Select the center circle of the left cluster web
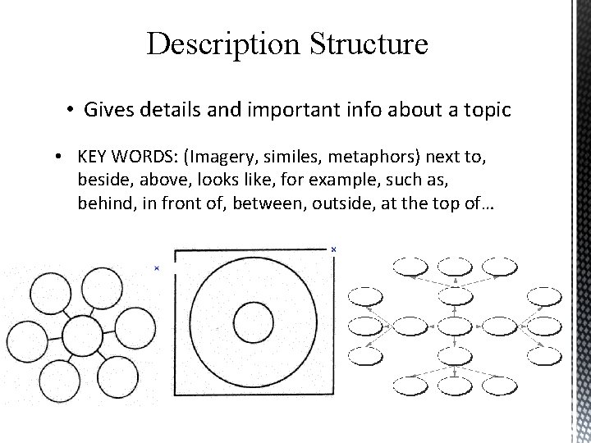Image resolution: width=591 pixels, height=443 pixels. click(x=83, y=336)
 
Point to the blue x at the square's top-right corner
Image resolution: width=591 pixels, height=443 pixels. click(x=333, y=249)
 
